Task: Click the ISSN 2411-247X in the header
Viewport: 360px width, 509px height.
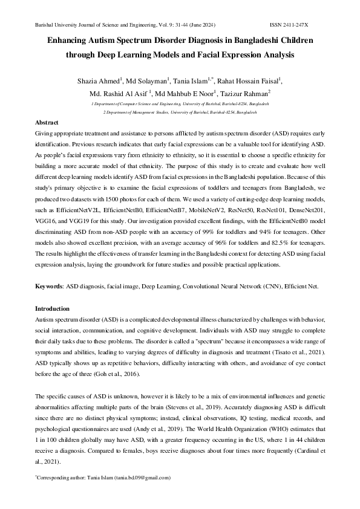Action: click(289, 25)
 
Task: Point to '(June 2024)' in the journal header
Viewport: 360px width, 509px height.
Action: click(200, 25)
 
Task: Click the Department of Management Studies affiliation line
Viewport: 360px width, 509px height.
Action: click(180, 112)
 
